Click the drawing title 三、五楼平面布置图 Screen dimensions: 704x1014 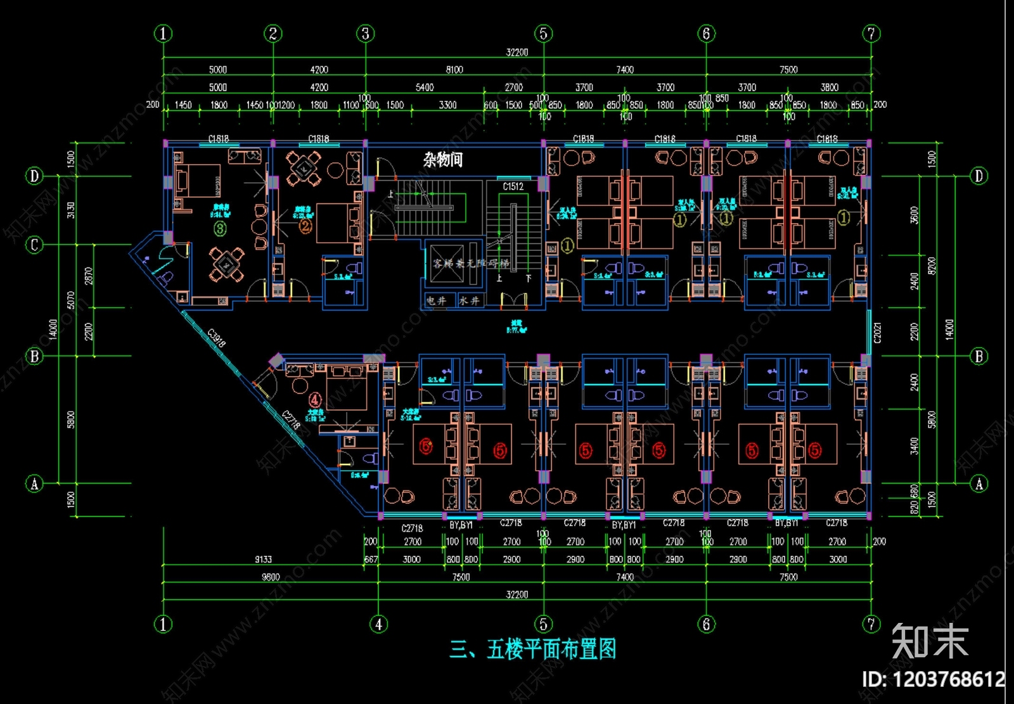click(532, 650)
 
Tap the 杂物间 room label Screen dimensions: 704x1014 click(443, 160)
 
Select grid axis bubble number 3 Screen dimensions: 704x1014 click(365, 34)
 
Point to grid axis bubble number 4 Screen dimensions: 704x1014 click(378, 624)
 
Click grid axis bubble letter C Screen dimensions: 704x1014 click(34, 245)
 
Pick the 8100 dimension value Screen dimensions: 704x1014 click(454, 70)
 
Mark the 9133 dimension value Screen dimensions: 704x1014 click(263, 560)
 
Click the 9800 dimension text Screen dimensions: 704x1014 click(271, 577)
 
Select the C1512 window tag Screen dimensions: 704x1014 click(513, 186)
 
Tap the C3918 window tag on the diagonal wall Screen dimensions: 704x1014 click(216, 338)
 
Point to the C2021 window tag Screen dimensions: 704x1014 click(878, 333)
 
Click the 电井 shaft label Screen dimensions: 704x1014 click(436, 300)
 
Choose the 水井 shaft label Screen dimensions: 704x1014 click(470, 300)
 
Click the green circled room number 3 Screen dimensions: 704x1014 click(220, 228)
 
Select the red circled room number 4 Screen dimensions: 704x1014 click(315, 400)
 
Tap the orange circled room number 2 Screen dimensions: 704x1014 click(305, 226)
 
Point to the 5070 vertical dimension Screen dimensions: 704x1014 click(71, 300)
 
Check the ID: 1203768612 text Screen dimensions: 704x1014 click(933, 680)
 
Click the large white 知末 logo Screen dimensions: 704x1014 click(930, 641)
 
